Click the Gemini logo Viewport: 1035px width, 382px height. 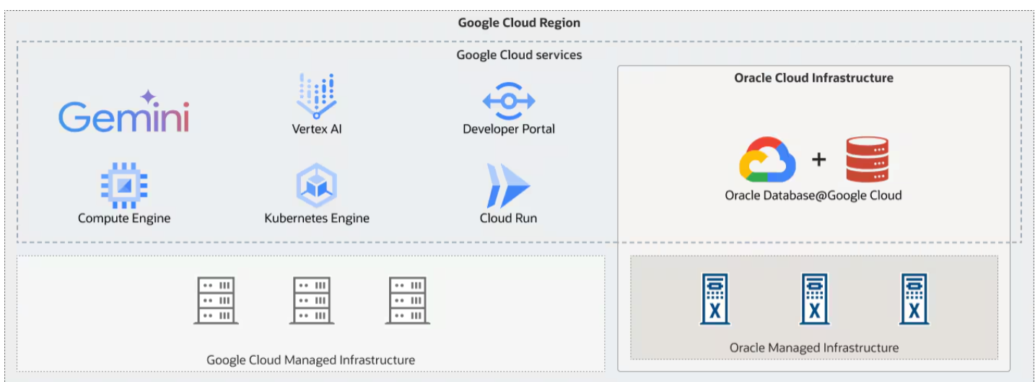(123, 114)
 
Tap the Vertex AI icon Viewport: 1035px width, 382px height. (316, 97)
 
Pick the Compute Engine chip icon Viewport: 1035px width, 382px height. (124, 185)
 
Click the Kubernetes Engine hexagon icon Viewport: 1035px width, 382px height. (316, 185)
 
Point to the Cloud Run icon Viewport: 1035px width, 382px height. (508, 185)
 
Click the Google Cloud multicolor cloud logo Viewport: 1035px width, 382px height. (767, 160)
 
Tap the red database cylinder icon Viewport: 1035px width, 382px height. (867, 159)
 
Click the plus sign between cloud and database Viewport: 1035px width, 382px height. (818, 159)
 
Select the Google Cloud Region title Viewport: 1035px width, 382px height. (519, 23)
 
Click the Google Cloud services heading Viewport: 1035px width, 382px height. (519, 55)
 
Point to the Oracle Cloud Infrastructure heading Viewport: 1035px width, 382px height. (813, 78)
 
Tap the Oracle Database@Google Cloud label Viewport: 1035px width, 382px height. (813, 195)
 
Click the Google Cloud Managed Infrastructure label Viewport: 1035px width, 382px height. (310, 360)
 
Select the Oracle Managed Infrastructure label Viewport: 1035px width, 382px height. (814, 347)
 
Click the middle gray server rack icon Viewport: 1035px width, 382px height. (313, 300)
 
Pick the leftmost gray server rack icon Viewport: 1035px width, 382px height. (216, 300)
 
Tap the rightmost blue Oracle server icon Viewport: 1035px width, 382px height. (914, 298)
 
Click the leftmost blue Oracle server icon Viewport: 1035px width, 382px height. (715, 298)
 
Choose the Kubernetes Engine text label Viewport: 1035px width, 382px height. (317, 218)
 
